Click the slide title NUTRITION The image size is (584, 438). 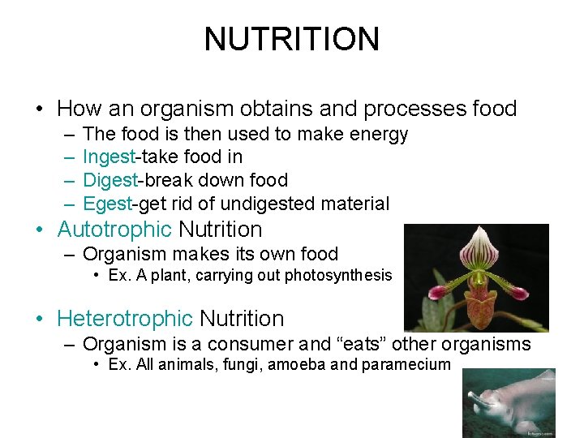[291, 39]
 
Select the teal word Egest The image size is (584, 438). [106, 204]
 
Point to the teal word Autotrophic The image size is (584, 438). [114, 230]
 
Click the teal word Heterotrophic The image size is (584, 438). [125, 319]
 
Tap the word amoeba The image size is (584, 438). [295, 364]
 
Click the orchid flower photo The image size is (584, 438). [475, 277]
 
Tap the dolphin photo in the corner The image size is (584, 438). [508, 403]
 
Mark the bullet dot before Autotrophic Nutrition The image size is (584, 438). [40, 230]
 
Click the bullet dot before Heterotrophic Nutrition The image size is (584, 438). [40, 320]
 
